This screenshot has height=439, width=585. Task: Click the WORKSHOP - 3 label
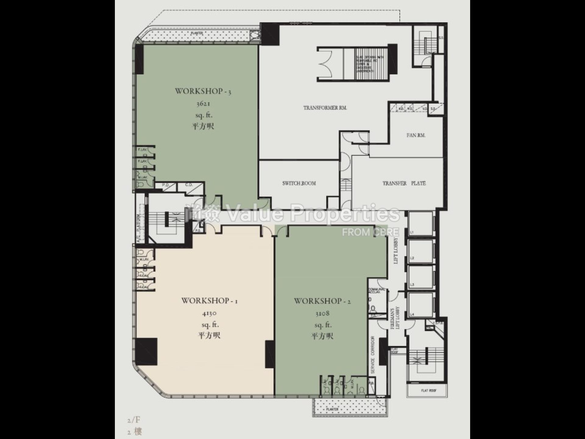coord(203,91)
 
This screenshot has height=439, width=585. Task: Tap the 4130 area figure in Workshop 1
coord(209,313)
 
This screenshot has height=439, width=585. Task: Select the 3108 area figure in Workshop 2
coord(322,313)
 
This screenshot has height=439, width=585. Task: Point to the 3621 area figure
coord(203,104)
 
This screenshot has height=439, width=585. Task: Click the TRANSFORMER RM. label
coord(325,108)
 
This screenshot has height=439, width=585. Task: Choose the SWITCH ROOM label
coord(299,183)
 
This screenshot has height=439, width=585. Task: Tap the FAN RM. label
coord(416,135)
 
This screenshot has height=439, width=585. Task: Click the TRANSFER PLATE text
coord(404,183)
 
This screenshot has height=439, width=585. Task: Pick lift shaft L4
coord(420,305)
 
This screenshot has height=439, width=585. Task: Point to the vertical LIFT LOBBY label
coord(396,251)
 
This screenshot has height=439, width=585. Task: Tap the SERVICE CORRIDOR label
coord(373,355)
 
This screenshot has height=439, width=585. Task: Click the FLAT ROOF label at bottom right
coord(429,391)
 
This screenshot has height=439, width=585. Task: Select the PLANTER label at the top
coord(197,33)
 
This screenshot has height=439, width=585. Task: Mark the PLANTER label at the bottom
coord(332,409)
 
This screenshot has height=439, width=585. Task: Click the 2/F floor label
coord(134,420)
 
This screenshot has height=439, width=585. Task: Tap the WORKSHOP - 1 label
coord(209,301)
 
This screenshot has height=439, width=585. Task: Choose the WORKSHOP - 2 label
coord(322,301)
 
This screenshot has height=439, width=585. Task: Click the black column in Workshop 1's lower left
coord(146,351)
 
